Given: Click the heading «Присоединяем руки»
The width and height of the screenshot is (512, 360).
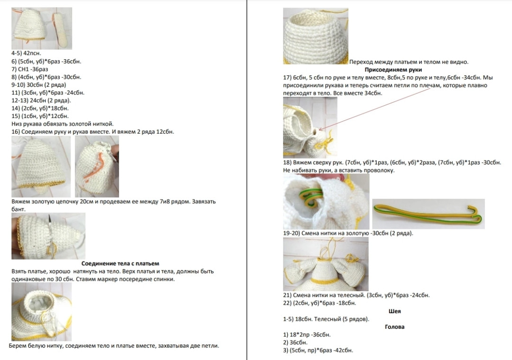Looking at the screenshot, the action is point(393,70).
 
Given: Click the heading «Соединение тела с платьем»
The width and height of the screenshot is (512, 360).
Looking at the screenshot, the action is point(120,263).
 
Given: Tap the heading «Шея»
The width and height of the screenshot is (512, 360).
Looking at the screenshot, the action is point(394,311).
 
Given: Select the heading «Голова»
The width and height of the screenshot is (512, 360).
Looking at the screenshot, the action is point(394,327).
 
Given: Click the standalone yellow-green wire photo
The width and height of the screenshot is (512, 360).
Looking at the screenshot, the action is point(429,214).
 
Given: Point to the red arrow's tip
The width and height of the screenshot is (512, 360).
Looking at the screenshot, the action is point(319,130).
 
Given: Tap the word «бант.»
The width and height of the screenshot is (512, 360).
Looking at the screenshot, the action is point(18,209).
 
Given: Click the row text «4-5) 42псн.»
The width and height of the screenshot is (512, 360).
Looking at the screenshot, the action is point(26,53).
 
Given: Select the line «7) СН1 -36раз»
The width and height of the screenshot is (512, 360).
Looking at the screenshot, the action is point(30,69).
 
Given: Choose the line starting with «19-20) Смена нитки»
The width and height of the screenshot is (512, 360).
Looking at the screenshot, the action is point(348,233).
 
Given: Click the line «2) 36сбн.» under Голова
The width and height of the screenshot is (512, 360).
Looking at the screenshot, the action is point(295,342).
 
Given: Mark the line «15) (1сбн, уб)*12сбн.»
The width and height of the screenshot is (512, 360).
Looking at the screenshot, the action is point(40,116).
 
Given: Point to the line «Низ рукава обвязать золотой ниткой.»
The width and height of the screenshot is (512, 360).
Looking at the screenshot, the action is point(63,124).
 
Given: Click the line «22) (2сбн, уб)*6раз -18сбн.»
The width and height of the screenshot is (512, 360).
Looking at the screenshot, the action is point(320,303).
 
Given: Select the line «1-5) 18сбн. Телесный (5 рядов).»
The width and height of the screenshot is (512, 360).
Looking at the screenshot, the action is point(326,319).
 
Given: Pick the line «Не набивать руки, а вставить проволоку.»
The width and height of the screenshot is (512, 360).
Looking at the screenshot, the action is point(338,170).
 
